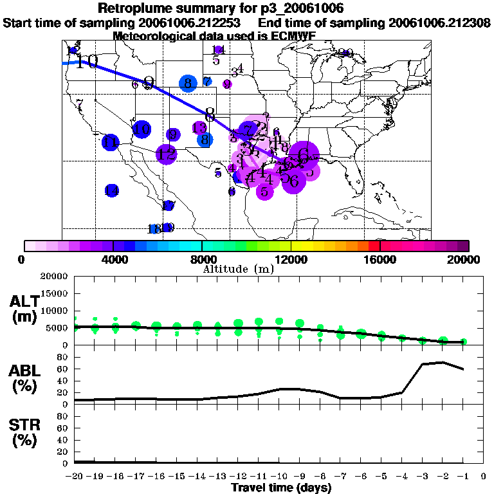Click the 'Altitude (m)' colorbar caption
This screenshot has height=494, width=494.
point(238,269)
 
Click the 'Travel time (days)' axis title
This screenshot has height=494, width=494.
point(281,488)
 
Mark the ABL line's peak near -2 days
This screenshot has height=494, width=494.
point(443,362)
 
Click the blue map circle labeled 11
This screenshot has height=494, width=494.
point(111,143)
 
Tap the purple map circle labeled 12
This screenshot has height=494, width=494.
point(167,154)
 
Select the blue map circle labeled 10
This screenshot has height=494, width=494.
point(142,129)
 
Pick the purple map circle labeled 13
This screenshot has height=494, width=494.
point(199,127)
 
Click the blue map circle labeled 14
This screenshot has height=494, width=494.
point(112,190)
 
